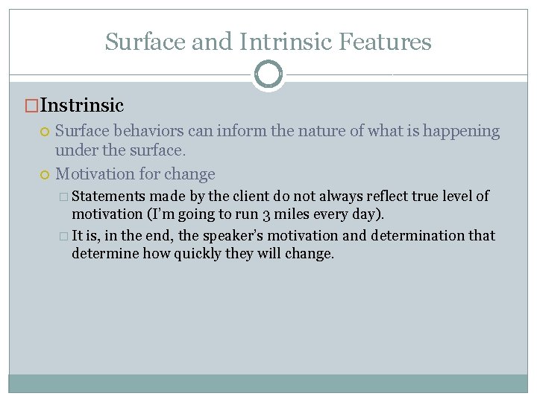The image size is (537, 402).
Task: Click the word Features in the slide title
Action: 385,42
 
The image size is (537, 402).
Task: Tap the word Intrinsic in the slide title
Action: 284,42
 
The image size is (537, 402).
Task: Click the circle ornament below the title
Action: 268,74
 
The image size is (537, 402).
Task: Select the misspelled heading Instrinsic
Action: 82,106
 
